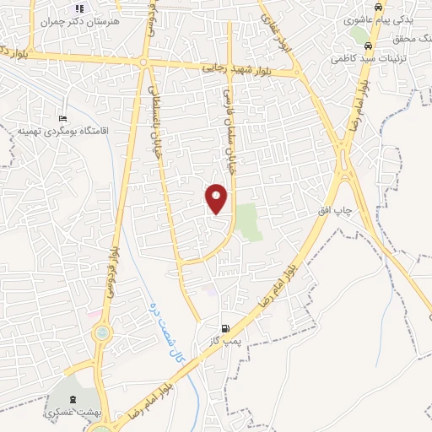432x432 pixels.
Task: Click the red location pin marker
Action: click(217, 197)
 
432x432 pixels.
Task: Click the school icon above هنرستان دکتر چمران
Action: click(80, 8)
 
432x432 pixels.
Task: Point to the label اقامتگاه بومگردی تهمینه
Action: click(61, 132)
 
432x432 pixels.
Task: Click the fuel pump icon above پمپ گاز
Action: click(224, 328)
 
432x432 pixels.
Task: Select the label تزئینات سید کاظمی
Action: click(370, 59)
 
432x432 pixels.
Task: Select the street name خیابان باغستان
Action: click(154, 116)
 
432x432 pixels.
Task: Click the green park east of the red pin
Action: click(246, 220)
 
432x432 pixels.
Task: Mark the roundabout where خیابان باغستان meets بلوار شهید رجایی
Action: click(143, 62)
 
